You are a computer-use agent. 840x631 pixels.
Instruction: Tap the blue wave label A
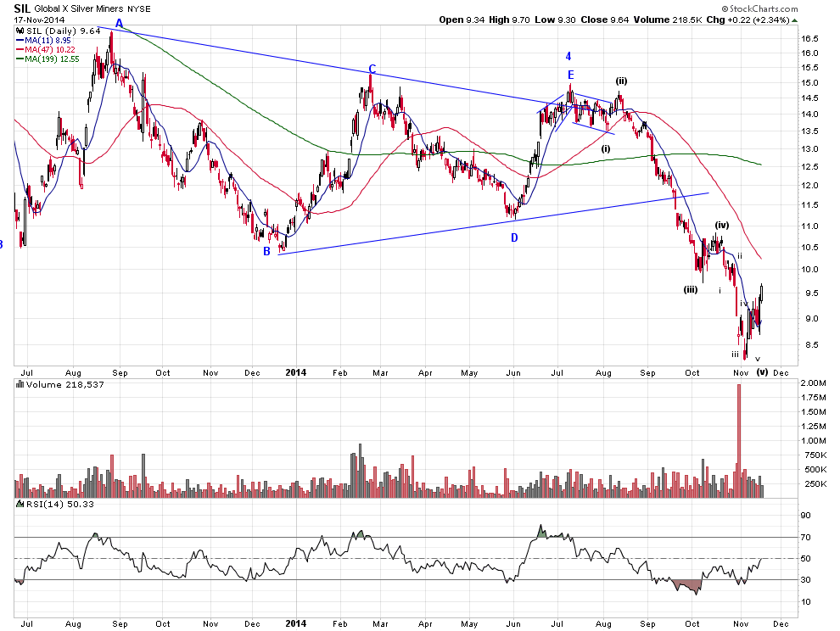point(119,23)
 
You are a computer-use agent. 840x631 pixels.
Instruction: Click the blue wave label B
point(266,251)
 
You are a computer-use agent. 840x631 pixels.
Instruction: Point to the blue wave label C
point(372,70)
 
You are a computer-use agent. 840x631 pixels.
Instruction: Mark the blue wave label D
point(514,237)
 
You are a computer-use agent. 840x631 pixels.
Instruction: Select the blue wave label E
point(571,75)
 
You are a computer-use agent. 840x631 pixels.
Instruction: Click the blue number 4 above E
point(569,56)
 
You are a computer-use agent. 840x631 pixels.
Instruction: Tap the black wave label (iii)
point(691,289)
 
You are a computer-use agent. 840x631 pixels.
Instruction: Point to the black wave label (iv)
point(721,225)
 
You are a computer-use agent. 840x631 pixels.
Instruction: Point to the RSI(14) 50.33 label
point(44,505)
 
